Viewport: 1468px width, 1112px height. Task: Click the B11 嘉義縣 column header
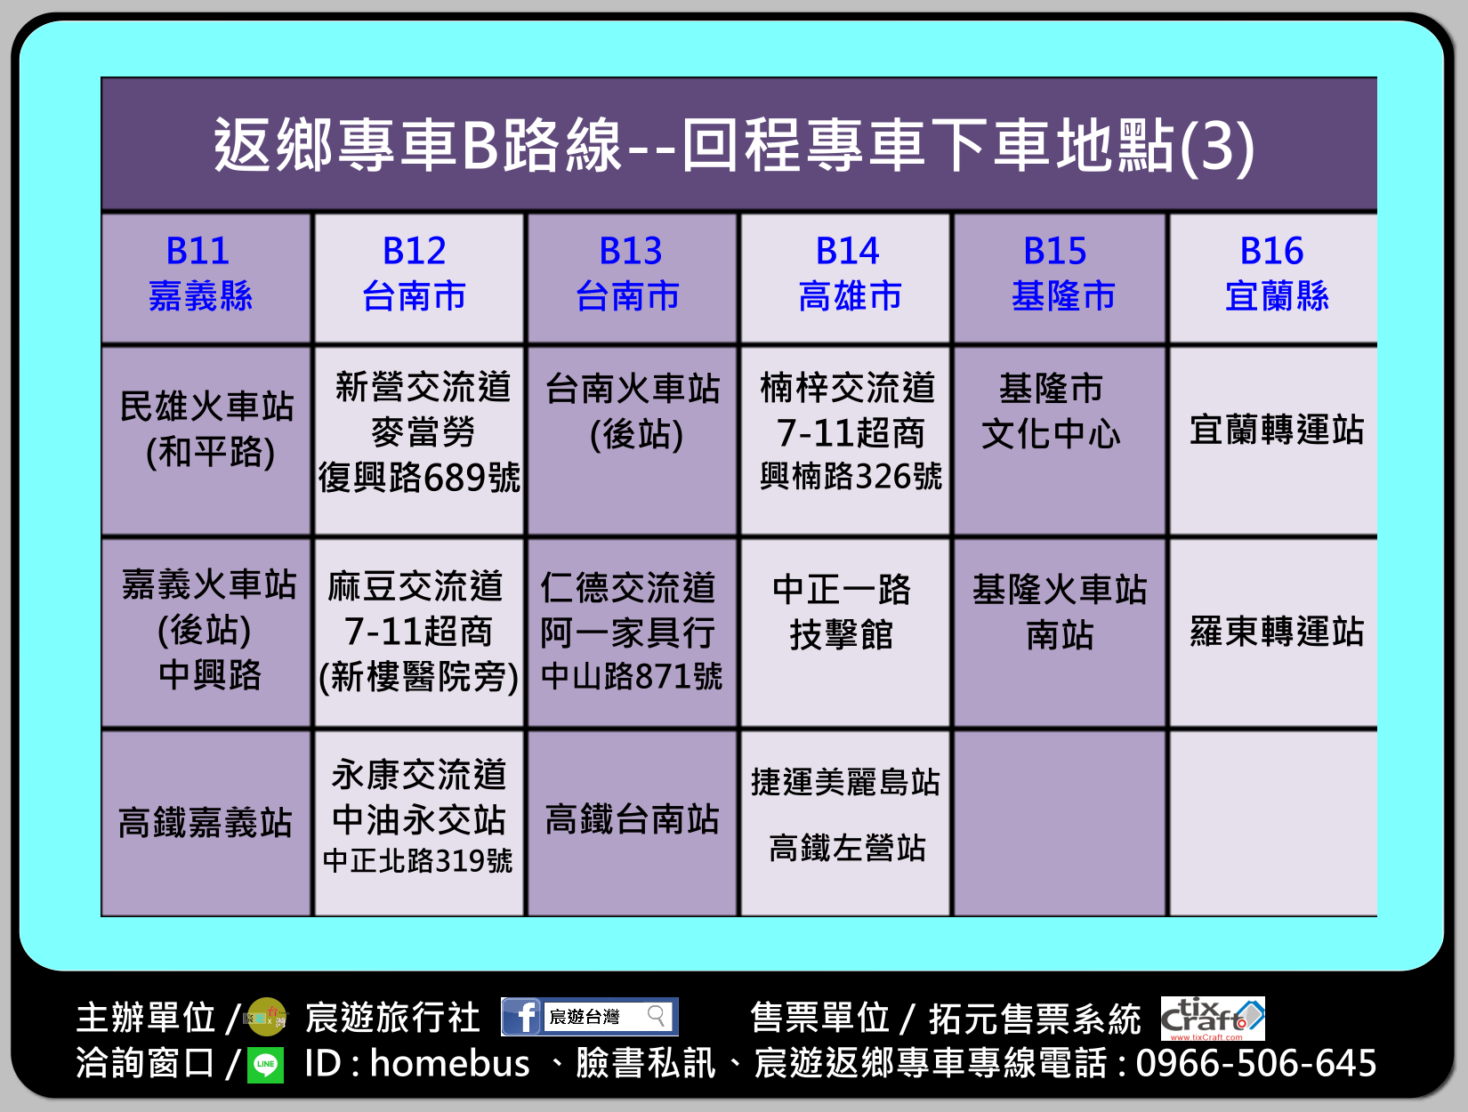click(x=206, y=278)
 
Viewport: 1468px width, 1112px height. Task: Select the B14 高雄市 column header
click(x=845, y=278)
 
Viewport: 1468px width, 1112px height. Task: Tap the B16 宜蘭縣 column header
click(x=1273, y=278)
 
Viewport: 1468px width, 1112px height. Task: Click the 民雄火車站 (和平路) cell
click(x=206, y=440)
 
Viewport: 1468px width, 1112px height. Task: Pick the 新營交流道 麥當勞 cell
click(x=419, y=440)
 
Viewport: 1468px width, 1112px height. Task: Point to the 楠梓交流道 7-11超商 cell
click(x=845, y=440)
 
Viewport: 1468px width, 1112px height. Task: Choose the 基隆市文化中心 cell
click(x=1060, y=440)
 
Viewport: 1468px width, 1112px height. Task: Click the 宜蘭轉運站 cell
click(x=1273, y=440)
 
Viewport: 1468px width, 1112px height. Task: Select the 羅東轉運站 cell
click(x=1273, y=632)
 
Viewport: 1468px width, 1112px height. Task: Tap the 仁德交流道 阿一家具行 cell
click(x=632, y=632)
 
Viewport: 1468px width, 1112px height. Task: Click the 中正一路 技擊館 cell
click(x=845, y=632)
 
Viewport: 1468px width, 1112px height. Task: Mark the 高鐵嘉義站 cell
click(x=206, y=823)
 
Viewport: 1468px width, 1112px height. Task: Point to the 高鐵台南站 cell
click(x=632, y=823)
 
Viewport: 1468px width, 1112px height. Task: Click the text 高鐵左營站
click(x=847, y=848)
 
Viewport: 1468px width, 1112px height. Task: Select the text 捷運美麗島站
click(x=845, y=782)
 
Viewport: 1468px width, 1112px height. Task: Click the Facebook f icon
click(x=521, y=1017)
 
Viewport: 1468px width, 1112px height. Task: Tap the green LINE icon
click(x=265, y=1065)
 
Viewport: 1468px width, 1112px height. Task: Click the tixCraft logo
click(x=1213, y=1019)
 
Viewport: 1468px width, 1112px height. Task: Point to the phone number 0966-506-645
click(x=1256, y=1063)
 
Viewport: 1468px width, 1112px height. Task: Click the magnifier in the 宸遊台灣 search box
click(x=657, y=1016)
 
